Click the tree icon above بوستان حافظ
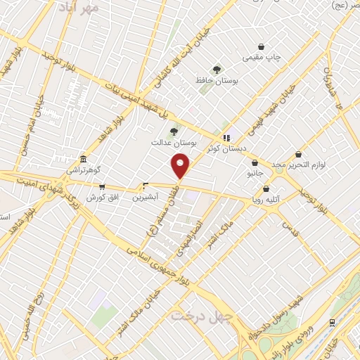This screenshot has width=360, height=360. [217, 70]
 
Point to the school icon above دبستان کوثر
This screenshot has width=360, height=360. [226, 138]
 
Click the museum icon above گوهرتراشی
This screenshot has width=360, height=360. [84, 159]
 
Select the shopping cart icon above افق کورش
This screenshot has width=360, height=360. [103, 187]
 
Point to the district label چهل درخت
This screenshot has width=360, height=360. [202, 316]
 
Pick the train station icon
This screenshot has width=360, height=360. [332, 322]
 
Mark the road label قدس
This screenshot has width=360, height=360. [286, 226]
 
